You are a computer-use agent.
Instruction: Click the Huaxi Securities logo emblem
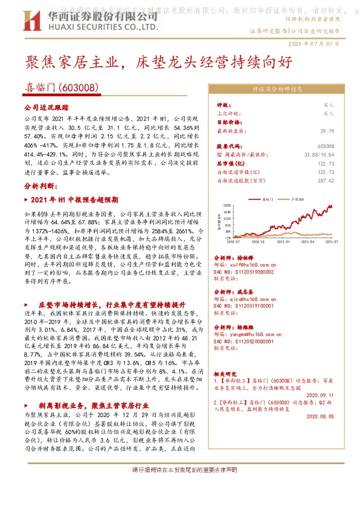[x=32, y=22]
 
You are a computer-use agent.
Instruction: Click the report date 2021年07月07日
[x=315, y=44]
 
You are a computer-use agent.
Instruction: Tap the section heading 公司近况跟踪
[x=43, y=106]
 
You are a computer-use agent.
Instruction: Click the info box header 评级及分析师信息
[x=273, y=88]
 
